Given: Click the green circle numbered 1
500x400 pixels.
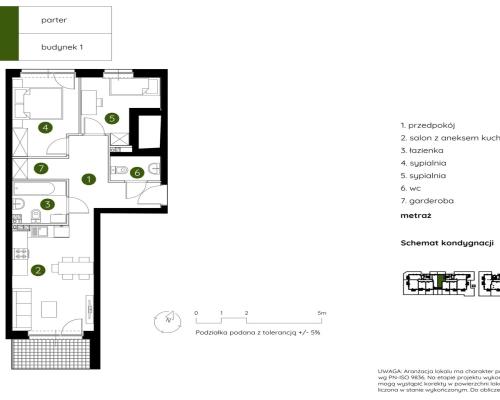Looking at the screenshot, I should [x=88, y=180].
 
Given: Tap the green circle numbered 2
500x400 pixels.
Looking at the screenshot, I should [x=38, y=269].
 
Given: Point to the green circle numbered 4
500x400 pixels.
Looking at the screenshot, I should [x=44, y=127].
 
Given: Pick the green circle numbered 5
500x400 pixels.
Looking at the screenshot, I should [x=112, y=119].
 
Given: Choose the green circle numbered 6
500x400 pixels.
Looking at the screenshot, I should [x=136, y=172].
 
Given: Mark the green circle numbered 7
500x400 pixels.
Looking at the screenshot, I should [x=40, y=167].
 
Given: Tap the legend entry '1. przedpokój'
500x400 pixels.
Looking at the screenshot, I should [x=428, y=125].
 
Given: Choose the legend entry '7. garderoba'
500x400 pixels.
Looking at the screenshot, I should [x=426, y=200].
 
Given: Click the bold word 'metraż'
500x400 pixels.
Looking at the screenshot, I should [x=414, y=214].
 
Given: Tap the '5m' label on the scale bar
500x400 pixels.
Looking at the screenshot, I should [x=321, y=314].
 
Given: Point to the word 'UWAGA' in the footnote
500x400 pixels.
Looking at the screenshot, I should [x=385, y=371].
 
